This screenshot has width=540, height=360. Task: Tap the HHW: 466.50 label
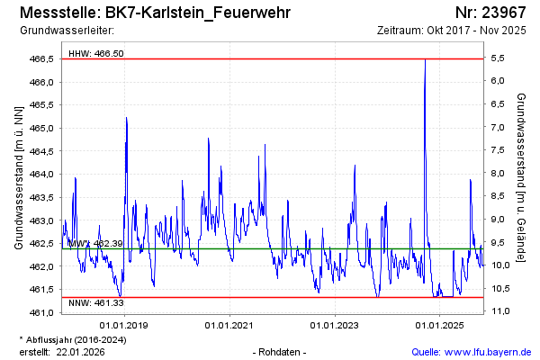pyautogui.click(x=96, y=54)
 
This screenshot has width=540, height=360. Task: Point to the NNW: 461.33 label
pyautogui.click(x=95, y=304)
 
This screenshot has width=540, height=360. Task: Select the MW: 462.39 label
pyautogui.click(x=95, y=244)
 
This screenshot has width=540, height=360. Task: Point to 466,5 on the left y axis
pyautogui.click(x=43, y=58)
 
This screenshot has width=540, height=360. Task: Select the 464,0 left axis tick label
pyautogui.click(x=43, y=175)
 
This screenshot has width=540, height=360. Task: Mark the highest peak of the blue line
pyautogui.click(x=425, y=59)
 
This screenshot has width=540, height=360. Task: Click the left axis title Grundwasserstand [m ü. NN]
pyautogui.click(x=18, y=177)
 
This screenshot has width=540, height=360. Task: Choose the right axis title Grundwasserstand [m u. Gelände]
pyautogui.click(x=522, y=177)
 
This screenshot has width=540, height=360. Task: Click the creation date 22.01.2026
pyautogui.click(x=80, y=352)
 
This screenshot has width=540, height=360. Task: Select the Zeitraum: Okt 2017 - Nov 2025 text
pyautogui.click(x=452, y=31)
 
